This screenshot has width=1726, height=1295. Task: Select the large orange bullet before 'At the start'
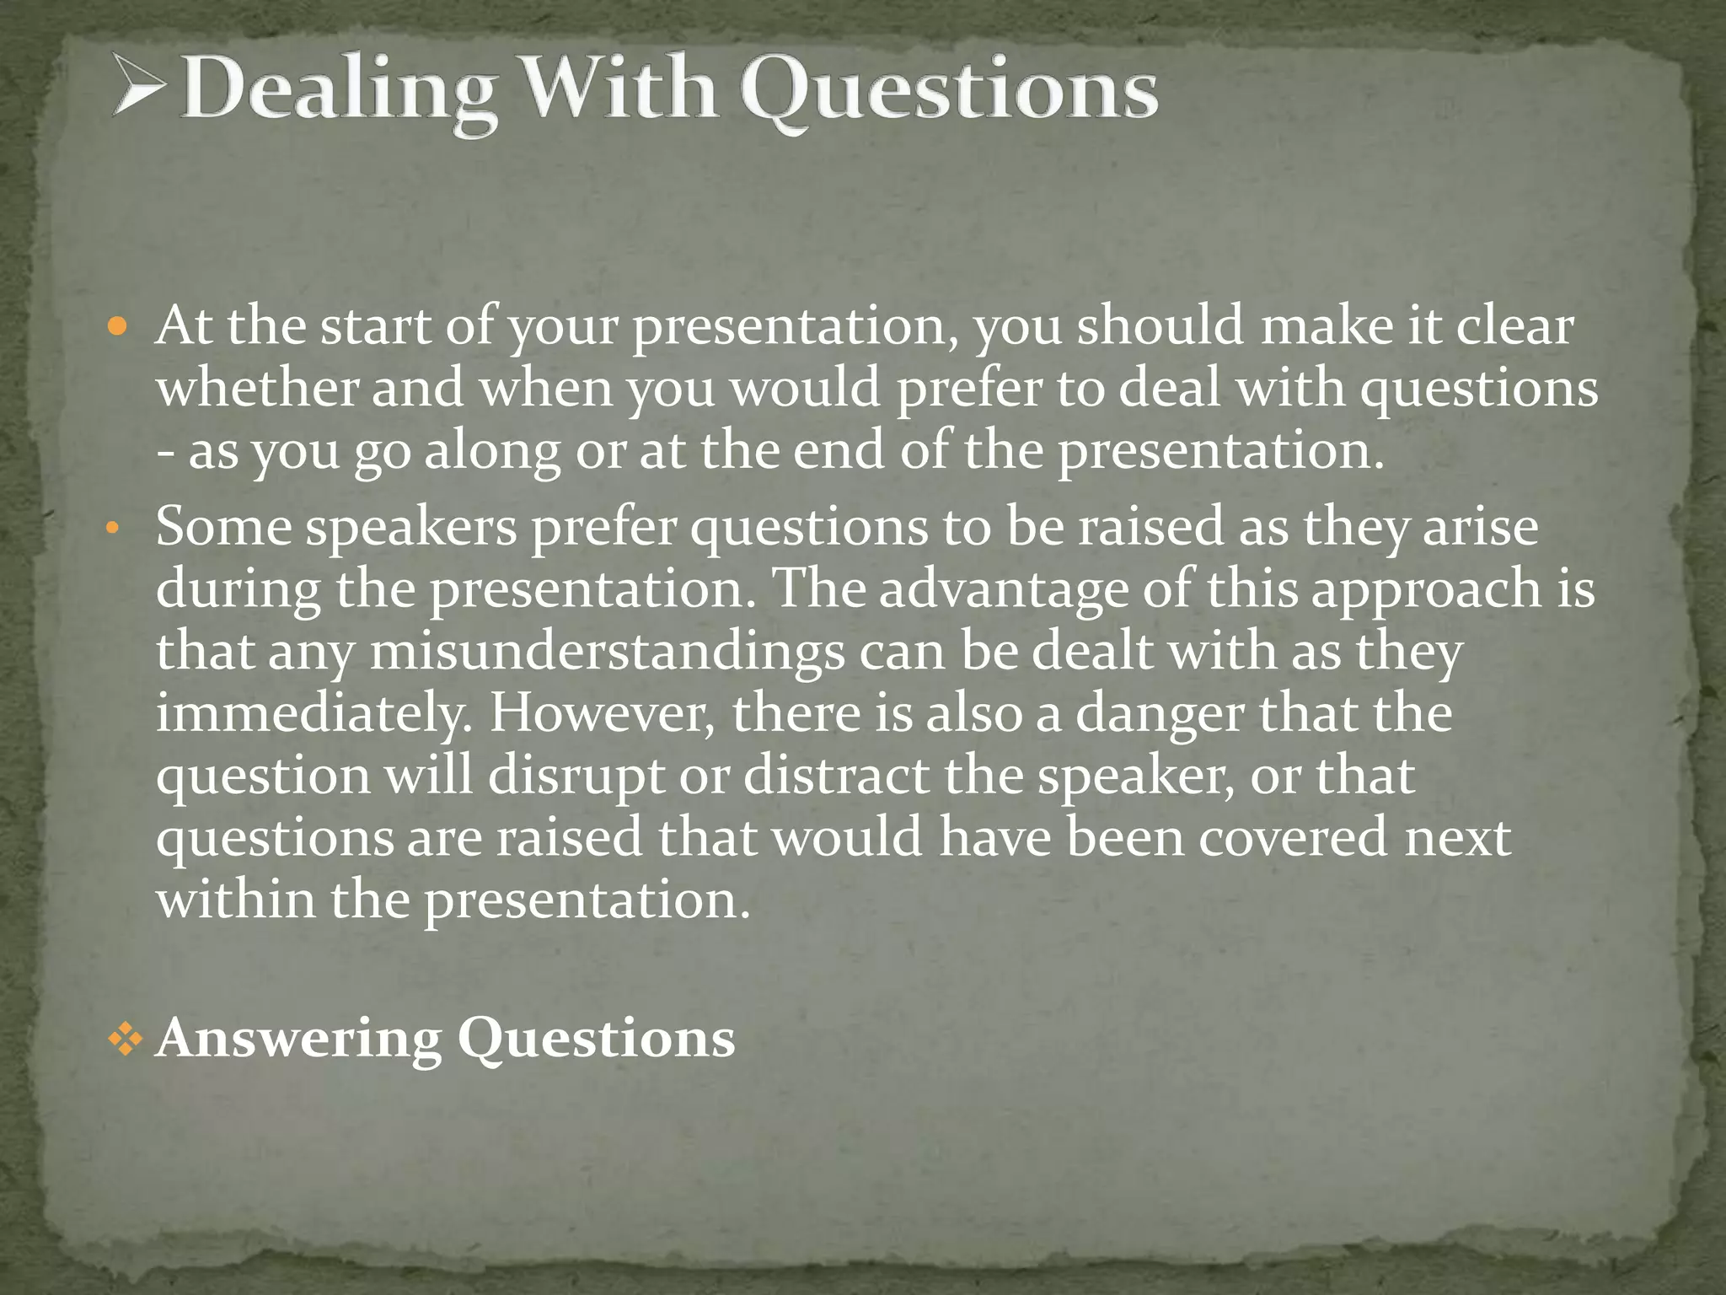[x=117, y=326]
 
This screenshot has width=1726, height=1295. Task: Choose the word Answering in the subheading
[x=299, y=1039]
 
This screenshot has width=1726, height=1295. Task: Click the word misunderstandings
[x=607, y=653]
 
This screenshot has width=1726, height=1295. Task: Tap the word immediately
[x=313, y=714]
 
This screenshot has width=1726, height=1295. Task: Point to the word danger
[x=1160, y=715]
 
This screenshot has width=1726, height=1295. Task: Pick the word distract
[x=835, y=776]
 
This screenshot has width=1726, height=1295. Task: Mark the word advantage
[x=1003, y=589]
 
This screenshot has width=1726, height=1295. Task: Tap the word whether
[x=257, y=389]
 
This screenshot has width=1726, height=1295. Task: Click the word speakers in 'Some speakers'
[x=411, y=529]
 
